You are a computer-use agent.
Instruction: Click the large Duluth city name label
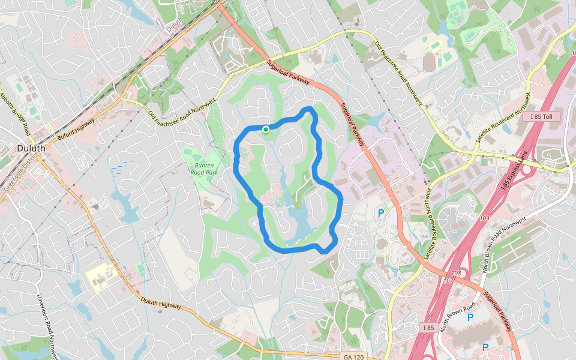click(28, 148)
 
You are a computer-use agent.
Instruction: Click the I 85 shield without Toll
click(427, 327)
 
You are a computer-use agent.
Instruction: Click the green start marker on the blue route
click(265, 128)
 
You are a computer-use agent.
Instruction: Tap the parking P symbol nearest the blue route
click(380, 212)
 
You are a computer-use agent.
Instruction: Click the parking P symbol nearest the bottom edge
click(485, 347)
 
